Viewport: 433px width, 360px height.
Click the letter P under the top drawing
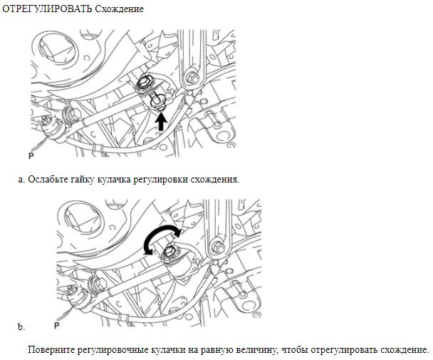[31, 155]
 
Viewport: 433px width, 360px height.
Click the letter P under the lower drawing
[58, 326]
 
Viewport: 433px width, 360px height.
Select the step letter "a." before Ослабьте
[21, 179]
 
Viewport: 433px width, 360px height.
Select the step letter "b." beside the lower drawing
[21, 327]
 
